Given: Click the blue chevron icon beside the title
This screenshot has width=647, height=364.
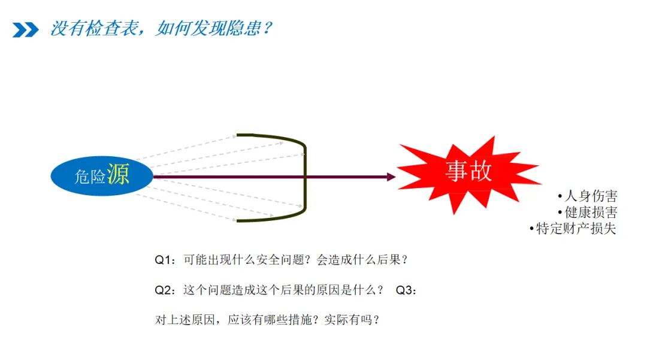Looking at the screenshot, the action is point(25,29).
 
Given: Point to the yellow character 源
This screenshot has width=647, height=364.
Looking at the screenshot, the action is point(119,174).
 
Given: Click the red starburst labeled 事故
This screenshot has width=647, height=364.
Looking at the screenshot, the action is point(468,172).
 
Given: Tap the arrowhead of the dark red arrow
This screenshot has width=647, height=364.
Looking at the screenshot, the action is point(391,177).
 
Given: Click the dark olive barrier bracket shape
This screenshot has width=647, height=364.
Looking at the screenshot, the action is point(304,177).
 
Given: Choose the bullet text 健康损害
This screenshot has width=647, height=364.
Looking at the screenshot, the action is point(591,212).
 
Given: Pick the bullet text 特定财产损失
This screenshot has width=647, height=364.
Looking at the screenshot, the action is point(576,228).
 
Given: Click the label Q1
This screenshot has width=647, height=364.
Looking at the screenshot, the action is point(164,260).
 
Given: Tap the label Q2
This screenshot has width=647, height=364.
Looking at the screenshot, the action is point(164,290).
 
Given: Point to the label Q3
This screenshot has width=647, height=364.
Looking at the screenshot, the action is point(405,290).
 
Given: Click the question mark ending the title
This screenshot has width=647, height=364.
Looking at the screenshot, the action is point(267,28).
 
